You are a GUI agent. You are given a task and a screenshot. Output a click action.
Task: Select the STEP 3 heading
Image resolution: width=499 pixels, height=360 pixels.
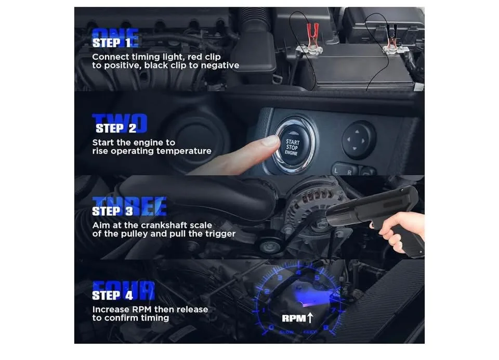coord(113,211)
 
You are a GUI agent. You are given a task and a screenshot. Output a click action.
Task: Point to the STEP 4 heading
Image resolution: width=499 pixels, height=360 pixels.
coord(112,295)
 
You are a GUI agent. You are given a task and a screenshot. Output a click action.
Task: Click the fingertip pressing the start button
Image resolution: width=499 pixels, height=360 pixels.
coord(269,141)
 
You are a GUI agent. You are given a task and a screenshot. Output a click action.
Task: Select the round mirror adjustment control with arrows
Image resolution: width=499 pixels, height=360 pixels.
coord(359,139)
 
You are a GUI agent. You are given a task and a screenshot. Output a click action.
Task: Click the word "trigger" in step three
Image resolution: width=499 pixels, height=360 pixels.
coord(219,234)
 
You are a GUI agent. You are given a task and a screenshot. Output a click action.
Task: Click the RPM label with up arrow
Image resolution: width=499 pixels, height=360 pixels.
coord(297,318)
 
